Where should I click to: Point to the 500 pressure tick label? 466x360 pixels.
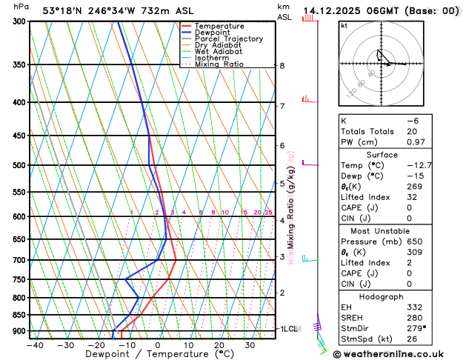(x=19, y=165)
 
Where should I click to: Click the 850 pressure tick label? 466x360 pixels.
(x=19, y=315)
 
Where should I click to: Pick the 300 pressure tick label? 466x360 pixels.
(x=19, y=21)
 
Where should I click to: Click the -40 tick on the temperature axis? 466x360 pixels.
(x=34, y=345)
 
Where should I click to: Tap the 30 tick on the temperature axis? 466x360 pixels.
(x=250, y=345)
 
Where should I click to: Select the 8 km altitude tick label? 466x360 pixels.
(x=282, y=66)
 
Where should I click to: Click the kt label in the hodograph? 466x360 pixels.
(x=344, y=25)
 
